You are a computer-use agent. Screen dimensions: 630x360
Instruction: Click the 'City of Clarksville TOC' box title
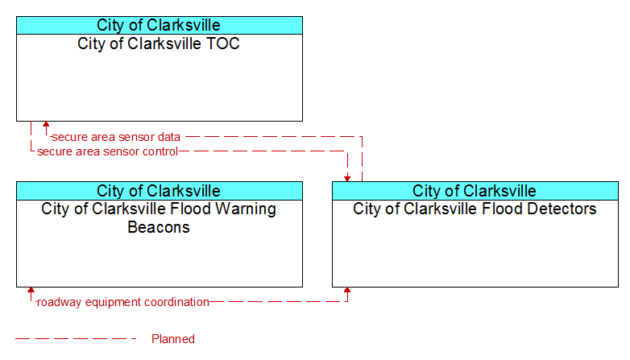click(159, 43)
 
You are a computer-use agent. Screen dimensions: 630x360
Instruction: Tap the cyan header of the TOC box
click(160, 25)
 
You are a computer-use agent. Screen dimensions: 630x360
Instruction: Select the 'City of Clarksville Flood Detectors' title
click(475, 209)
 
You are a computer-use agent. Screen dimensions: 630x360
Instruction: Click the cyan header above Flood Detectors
click(475, 191)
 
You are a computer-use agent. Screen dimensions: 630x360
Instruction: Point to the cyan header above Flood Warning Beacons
click(160, 191)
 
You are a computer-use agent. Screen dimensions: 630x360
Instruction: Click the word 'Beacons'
click(159, 227)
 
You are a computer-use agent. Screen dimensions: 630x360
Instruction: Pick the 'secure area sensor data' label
click(116, 137)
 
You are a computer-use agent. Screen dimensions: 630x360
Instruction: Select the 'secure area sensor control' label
click(107, 151)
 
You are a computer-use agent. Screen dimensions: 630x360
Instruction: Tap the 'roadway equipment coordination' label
click(123, 302)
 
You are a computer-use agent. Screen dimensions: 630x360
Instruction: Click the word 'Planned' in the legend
click(173, 339)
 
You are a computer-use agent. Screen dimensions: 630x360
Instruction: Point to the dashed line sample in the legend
click(76, 339)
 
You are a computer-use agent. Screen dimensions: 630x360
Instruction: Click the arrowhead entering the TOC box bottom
click(46, 125)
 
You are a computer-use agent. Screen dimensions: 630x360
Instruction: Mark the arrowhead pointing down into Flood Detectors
click(347, 179)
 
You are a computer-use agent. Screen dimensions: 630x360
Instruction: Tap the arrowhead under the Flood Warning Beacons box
click(31, 291)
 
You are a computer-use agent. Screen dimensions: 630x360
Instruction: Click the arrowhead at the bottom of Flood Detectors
click(347, 291)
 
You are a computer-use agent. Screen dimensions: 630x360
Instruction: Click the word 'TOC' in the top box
click(222, 43)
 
